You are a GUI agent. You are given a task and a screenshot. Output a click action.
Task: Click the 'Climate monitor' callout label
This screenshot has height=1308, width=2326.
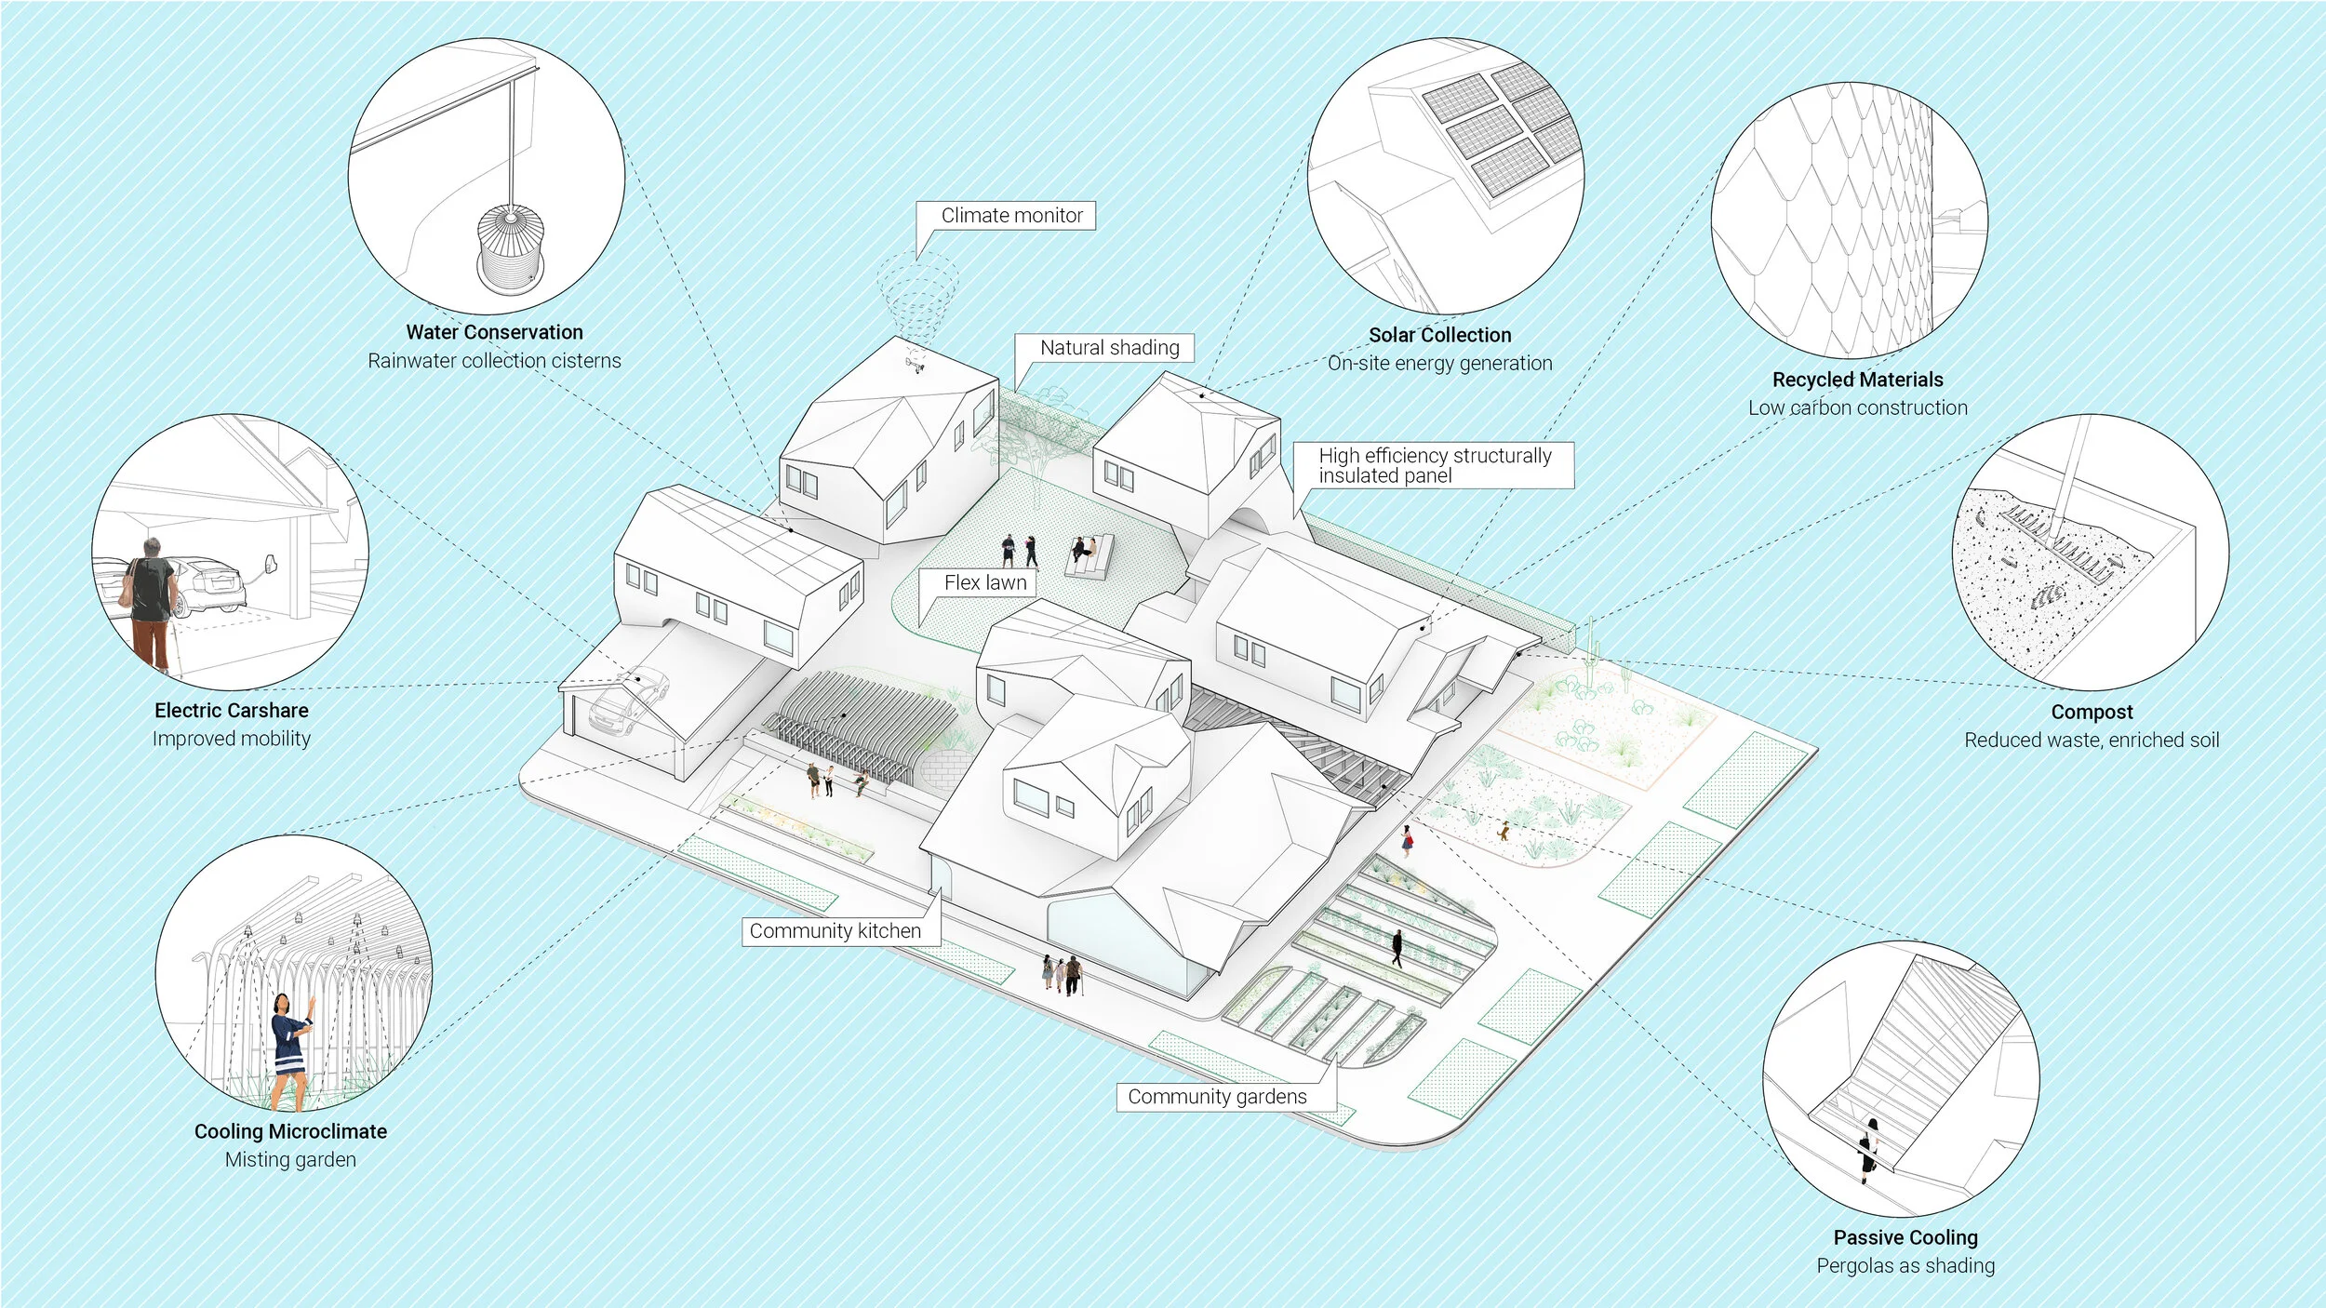click(x=1011, y=216)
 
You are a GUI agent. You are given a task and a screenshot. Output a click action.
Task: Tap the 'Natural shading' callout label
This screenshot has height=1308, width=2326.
click(x=1109, y=348)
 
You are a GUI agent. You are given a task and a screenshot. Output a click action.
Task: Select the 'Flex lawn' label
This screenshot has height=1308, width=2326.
click(x=985, y=582)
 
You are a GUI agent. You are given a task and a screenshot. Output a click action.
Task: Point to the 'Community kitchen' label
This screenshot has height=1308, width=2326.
click(x=835, y=931)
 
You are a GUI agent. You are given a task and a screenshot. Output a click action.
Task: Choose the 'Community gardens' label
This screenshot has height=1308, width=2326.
click(x=1217, y=1097)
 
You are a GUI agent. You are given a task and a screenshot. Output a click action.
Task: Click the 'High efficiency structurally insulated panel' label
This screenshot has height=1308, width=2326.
click(x=1434, y=465)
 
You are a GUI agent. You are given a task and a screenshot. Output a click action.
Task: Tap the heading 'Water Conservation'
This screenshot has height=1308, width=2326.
click(x=494, y=332)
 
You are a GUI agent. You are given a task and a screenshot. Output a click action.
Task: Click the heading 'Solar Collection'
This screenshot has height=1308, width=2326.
click(x=1439, y=335)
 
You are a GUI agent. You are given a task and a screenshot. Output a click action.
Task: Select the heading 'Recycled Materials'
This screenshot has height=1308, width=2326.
click(x=1857, y=380)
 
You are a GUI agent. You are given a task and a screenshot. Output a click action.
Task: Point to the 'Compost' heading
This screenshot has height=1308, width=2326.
click(x=2092, y=712)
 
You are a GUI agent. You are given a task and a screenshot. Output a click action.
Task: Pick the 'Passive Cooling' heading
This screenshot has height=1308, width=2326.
click(x=1905, y=1237)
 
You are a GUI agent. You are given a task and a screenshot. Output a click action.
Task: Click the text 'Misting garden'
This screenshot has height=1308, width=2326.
click(x=290, y=1159)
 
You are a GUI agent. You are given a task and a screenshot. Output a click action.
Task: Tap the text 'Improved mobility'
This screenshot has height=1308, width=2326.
click(x=232, y=739)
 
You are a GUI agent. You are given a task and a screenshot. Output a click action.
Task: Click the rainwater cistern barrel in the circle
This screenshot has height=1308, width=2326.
click(x=510, y=248)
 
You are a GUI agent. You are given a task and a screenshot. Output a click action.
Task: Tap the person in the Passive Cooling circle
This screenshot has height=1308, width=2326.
click(x=1868, y=1150)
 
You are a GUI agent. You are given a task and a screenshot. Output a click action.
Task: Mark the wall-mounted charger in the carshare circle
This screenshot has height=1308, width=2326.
click(x=272, y=564)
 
